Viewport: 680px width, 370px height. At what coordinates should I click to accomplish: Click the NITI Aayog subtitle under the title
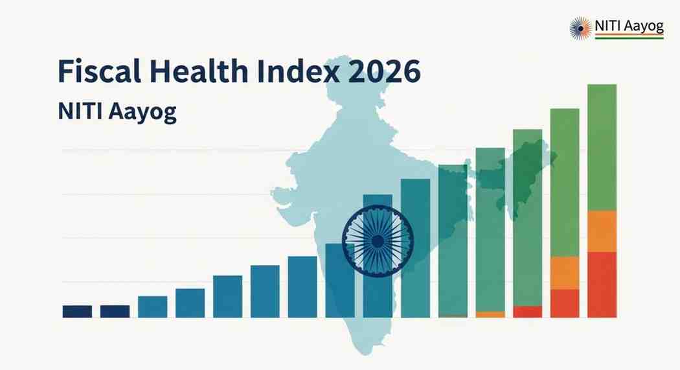tap(117, 111)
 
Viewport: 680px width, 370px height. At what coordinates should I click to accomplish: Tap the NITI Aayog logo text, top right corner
tap(629, 27)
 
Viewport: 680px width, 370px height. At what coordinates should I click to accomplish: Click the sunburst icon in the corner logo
tap(580, 28)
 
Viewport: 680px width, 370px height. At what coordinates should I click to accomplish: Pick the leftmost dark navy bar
tap(77, 311)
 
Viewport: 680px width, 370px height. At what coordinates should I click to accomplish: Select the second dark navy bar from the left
tap(115, 311)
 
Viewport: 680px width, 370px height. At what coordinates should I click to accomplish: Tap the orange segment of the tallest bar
tap(602, 231)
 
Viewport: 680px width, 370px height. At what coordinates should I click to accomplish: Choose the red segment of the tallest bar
tap(602, 284)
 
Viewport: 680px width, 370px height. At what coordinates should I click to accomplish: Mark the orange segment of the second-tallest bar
tap(564, 273)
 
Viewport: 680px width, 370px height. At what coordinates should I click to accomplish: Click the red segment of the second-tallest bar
tap(564, 303)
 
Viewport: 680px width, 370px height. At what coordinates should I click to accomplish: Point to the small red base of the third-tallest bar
tap(527, 312)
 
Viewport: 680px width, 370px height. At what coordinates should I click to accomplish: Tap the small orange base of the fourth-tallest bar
tap(490, 314)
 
